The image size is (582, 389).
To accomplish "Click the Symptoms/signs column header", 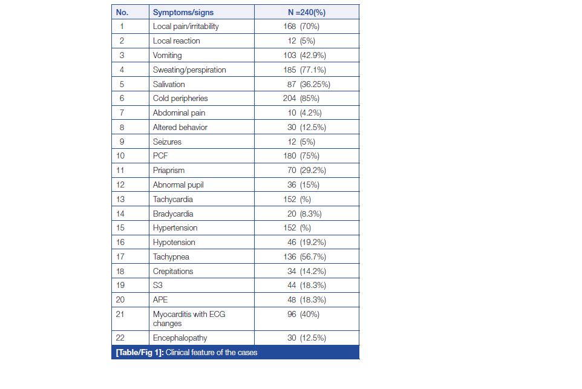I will coord(183,12).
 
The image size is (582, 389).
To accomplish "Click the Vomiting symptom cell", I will coord(167,55).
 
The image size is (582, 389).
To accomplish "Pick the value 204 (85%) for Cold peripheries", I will coord(301,98).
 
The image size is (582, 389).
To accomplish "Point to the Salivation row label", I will coord(169,84).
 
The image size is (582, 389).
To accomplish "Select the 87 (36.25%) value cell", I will coord(309,84).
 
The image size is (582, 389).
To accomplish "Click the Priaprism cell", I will coord(169,170).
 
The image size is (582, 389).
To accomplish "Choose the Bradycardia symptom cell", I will coord(173,214).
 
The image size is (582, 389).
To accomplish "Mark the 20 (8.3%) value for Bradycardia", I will coord(304,214).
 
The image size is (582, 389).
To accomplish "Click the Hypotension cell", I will coord(174,242).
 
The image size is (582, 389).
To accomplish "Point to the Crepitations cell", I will coord(173,271).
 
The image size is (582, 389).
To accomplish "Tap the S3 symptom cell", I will coord(158,286).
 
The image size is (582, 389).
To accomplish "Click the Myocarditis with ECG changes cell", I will coord(189,318).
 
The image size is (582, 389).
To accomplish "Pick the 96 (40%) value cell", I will coord(303,314).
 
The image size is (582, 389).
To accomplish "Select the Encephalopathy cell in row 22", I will coord(180,338).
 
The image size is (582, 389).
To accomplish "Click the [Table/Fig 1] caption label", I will coord(139,352).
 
